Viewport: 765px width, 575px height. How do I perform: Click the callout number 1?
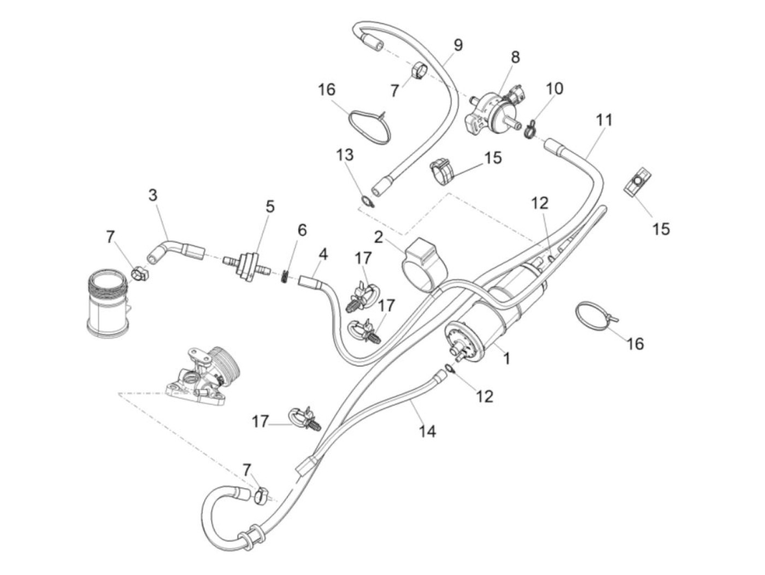point(507,359)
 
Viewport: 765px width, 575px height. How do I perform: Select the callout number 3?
point(152,195)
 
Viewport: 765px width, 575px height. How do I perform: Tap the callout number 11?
point(604,120)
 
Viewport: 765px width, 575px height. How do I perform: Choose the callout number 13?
point(345,155)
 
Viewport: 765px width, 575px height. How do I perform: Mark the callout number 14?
point(427,431)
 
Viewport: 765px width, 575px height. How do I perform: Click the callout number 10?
point(554,89)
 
